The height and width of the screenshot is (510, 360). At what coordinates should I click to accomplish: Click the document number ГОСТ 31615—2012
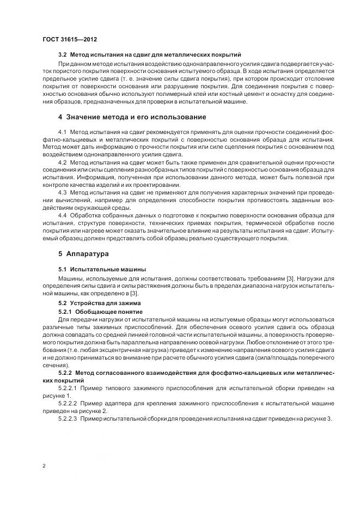point(69,39)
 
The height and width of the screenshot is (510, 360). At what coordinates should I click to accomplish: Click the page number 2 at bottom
point(44,466)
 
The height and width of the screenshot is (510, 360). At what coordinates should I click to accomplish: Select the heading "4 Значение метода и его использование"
point(132,117)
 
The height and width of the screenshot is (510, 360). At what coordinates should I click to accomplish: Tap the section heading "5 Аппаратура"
point(83,254)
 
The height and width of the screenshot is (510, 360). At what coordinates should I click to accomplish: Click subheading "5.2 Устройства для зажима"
point(96,303)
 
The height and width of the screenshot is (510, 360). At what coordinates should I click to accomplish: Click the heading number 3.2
point(63,55)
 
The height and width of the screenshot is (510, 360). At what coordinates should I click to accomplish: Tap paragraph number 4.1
point(62,133)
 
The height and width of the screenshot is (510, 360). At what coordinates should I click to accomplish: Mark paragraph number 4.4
point(62,215)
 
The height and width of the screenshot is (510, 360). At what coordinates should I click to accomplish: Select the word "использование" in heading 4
point(180,117)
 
